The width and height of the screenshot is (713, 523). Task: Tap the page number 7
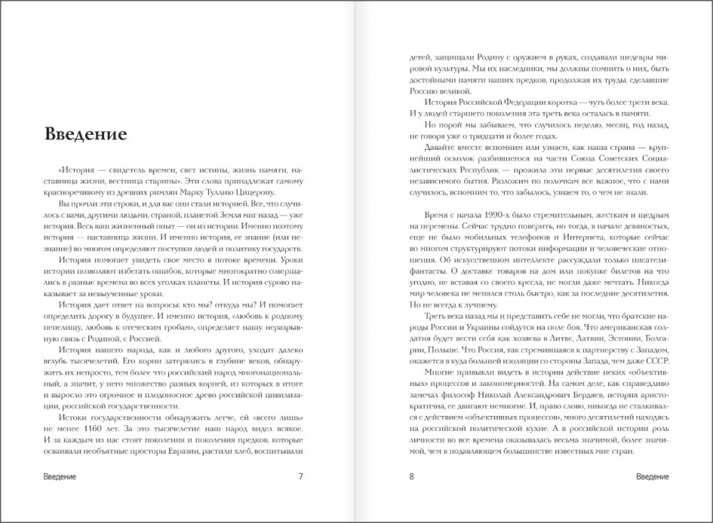click(x=301, y=476)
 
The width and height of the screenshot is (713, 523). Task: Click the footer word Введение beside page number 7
click(x=60, y=476)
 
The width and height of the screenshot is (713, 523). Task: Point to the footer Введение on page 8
click(x=652, y=476)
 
